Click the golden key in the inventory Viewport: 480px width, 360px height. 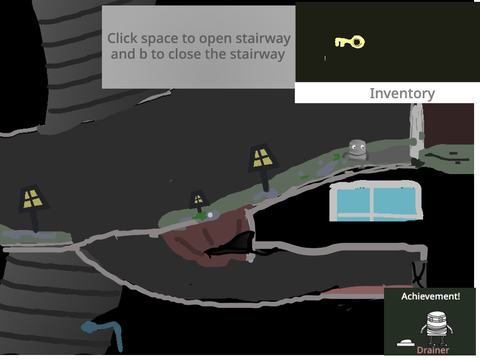pyautogui.click(x=350, y=42)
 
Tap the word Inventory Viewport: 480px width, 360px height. pyautogui.click(x=402, y=93)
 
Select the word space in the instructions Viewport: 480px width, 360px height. pyautogui.click(x=159, y=39)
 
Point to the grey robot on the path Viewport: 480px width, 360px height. pyautogui.click(x=357, y=152)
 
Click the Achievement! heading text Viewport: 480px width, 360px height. pyautogui.click(x=431, y=296)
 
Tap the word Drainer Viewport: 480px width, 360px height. pyautogui.click(x=433, y=350)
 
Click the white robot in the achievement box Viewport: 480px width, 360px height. pyautogui.click(x=437, y=328)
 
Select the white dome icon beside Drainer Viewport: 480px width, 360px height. pyautogui.click(x=406, y=343)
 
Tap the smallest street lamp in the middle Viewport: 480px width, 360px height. pyautogui.click(x=199, y=202)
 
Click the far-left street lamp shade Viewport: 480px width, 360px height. pyautogui.click(x=33, y=198)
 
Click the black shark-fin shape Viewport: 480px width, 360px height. pyautogui.click(x=233, y=247)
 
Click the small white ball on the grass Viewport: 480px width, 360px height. pyautogui.click(x=210, y=215)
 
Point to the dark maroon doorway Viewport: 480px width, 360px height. pyautogui.click(x=448, y=124)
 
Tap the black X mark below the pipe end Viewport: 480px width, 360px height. pyautogui.click(x=419, y=273)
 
